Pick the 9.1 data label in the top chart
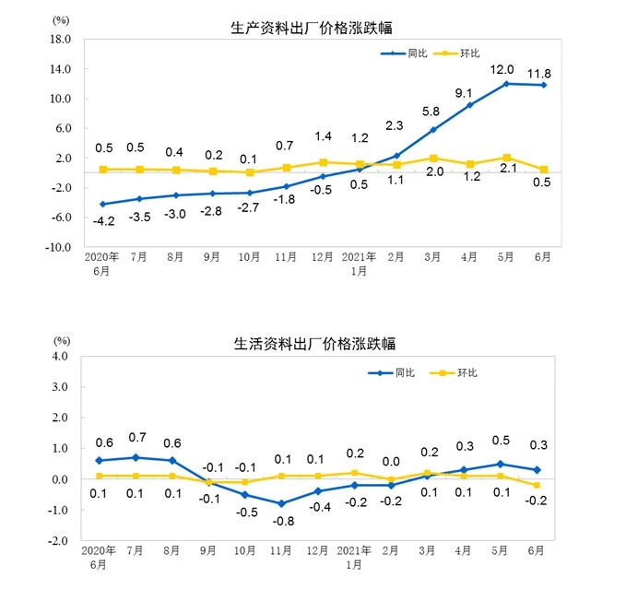coord(464,92)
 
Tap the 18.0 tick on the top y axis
coord(60,40)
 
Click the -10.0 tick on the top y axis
coord(58,247)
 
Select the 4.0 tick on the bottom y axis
coord(62,356)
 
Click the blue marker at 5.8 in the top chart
coord(432,130)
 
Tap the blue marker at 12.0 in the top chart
coord(505,84)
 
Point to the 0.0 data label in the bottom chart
coord(392,462)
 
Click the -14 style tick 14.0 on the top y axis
coord(60,69)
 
